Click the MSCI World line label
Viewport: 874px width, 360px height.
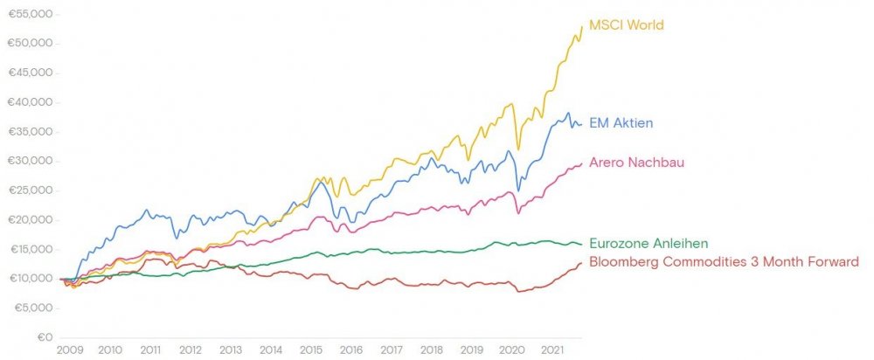(626, 24)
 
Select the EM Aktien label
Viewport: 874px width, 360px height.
(621, 123)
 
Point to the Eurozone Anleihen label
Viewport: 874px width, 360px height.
(649, 243)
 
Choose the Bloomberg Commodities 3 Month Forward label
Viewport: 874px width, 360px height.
(724, 261)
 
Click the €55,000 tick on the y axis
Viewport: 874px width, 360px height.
(31, 15)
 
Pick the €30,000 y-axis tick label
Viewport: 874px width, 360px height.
(31, 162)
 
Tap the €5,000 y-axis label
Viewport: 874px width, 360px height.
(33, 308)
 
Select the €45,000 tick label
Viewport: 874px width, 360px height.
(31, 73)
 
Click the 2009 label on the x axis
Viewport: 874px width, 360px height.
(69, 350)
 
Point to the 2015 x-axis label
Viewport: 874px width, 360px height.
(310, 350)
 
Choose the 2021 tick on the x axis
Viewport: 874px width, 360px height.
(552, 350)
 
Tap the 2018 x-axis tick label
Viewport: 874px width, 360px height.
(432, 350)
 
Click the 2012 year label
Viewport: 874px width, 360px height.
(190, 350)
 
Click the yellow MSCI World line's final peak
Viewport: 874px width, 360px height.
(581, 27)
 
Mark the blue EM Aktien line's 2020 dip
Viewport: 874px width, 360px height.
(519, 190)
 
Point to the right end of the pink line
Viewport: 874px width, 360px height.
(582, 163)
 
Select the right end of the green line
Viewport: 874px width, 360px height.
(582, 244)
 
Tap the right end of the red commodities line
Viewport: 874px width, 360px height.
(582, 263)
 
